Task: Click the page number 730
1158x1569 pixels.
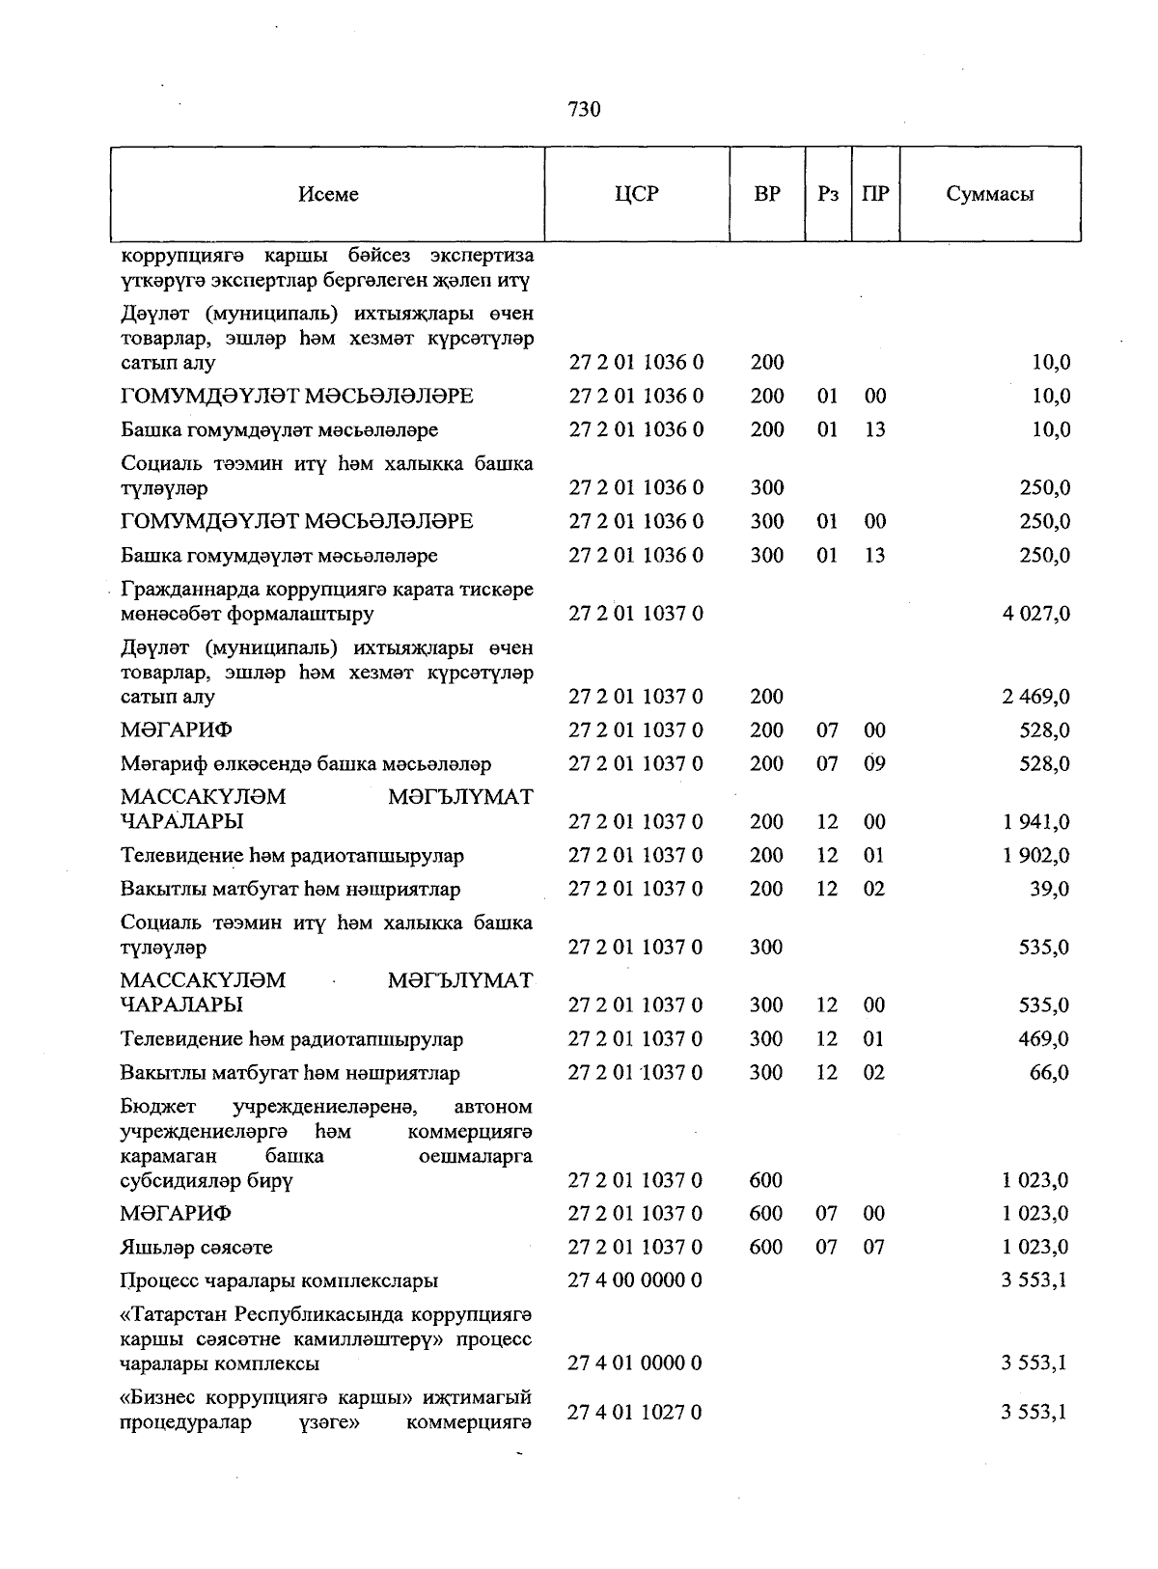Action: pos(585,109)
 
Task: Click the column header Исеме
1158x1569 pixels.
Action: pos(328,194)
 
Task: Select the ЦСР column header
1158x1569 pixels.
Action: pos(637,194)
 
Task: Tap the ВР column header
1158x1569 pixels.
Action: pos(767,194)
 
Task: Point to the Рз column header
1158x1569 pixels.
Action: pos(828,194)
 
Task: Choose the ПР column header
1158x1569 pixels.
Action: pos(875,194)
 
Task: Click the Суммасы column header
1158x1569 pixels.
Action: pos(990,194)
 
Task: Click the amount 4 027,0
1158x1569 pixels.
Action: pos(1036,614)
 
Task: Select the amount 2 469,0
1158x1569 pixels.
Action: pos(1036,697)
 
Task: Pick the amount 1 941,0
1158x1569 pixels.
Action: pos(1036,822)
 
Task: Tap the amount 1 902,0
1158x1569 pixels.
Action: pos(1036,856)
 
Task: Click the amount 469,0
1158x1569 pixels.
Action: pos(1044,1039)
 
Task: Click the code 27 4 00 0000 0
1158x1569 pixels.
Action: pos(635,1280)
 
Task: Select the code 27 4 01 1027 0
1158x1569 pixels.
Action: pos(635,1413)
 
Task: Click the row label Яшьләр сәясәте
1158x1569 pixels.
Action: pos(197,1248)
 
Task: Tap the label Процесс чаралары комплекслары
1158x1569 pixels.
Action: pos(279,1281)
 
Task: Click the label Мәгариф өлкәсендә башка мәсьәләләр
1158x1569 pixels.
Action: pos(306,764)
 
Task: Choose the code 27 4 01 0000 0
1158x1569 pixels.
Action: pos(635,1363)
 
